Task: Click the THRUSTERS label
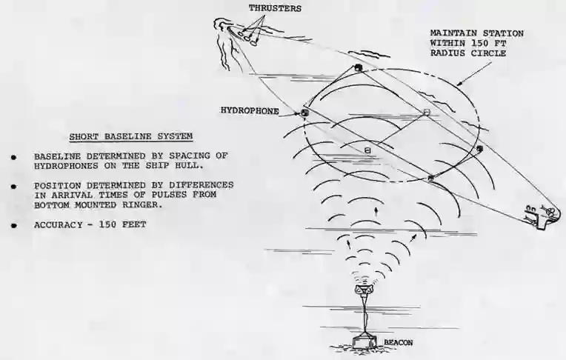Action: coord(275,8)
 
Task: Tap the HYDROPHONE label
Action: coord(250,111)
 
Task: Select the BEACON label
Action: coord(398,342)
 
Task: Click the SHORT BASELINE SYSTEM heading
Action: coord(131,136)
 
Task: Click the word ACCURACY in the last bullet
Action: coord(58,224)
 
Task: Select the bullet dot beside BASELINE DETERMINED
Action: coord(14,158)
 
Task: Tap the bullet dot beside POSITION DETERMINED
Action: coord(14,187)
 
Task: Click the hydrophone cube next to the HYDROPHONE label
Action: coord(305,113)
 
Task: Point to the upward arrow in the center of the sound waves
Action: coord(376,210)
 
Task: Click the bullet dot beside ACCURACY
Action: coord(14,226)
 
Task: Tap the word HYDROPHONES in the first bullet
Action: coord(66,166)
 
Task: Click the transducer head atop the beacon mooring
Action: coord(364,289)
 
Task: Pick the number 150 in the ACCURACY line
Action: coord(108,224)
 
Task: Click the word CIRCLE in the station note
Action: coord(488,53)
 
